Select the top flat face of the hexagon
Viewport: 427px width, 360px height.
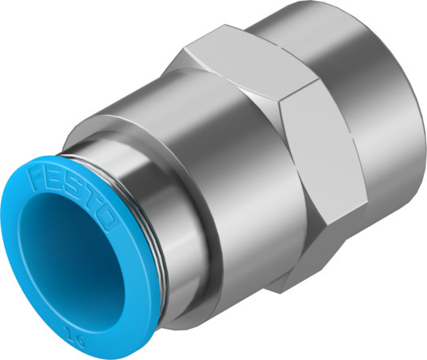pyautogui.click(x=240, y=64)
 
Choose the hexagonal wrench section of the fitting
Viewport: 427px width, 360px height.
pyautogui.click(x=272, y=160)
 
